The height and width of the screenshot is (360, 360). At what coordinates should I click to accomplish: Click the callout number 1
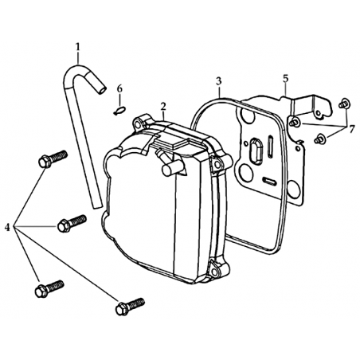tap(77, 47)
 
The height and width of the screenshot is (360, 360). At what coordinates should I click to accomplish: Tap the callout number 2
tap(163, 107)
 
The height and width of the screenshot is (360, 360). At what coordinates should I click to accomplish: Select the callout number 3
tap(219, 81)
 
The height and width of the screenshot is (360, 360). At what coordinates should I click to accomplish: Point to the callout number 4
tap(7, 227)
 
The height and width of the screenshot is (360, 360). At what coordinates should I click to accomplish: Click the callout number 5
tap(285, 79)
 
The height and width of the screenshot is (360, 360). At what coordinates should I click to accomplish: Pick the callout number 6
tap(120, 89)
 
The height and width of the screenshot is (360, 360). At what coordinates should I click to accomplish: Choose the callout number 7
tap(351, 130)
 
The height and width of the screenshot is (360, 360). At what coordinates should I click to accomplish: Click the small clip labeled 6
tap(119, 111)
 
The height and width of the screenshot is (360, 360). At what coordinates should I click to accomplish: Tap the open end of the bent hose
tap(102, 90)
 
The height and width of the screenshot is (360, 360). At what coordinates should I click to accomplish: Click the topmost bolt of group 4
tap(53, 158)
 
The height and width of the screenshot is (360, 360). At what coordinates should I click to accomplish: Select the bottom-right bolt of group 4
tap(130, 307)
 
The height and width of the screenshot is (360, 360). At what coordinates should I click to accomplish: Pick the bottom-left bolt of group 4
tap(49, 289)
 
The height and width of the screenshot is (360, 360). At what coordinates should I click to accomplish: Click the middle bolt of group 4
tap(72, 223)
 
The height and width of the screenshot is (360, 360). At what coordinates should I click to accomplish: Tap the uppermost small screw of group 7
tap(345, 104)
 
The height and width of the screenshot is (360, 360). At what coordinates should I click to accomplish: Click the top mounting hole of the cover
tap(138, 123)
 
